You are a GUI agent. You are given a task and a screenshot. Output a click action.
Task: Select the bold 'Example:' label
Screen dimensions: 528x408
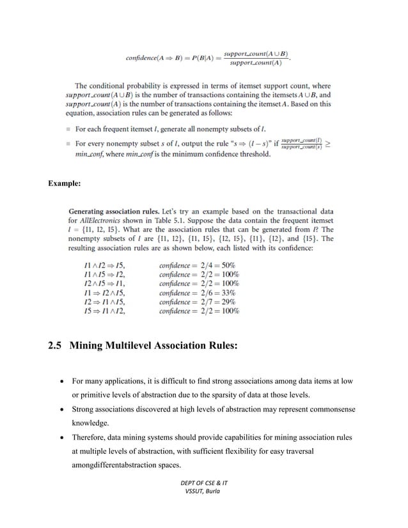click(x=65, y=183)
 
